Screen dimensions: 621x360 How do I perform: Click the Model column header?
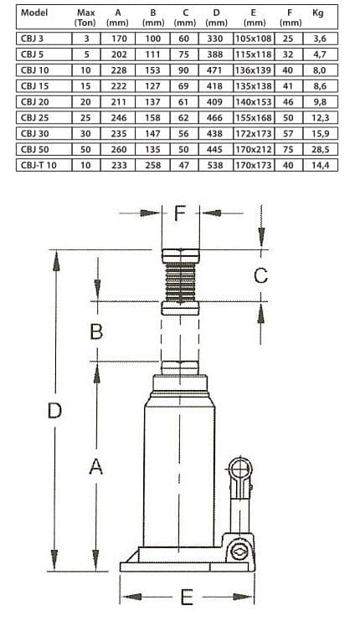click(x=32, y=13)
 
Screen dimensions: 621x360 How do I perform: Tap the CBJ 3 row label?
click(x=32, y=38)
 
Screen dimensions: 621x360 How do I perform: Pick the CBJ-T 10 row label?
click(x=37, y=165)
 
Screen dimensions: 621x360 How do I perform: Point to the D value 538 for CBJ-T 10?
click(x=215, y=165)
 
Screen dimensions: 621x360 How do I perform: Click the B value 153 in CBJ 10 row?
click(x=152, y=70)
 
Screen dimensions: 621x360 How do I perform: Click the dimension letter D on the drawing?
click(x=54, y=411)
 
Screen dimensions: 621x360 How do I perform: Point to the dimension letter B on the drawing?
click(x=96, y=331)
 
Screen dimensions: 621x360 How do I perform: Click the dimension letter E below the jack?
click(x=188, y=597)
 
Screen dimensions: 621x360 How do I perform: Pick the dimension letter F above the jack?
click(x=181, y=212)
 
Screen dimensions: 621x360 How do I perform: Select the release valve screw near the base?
click(x=237, y=552)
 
